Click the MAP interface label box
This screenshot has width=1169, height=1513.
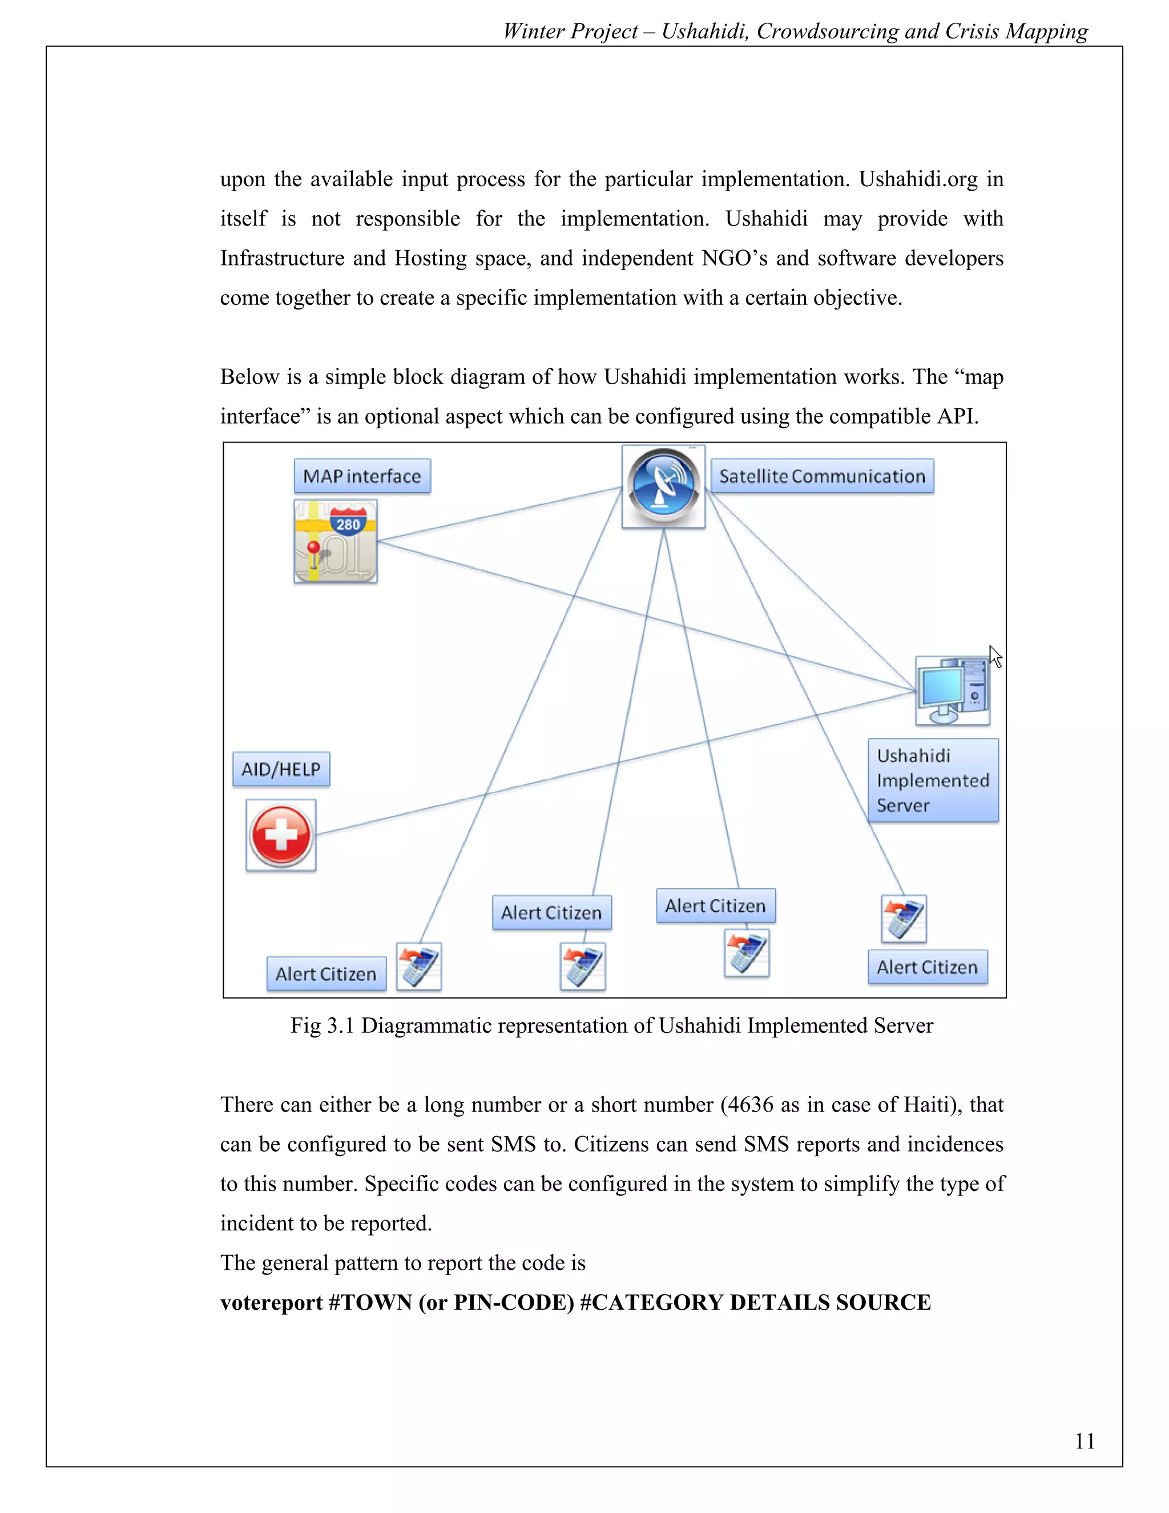pos(362,476)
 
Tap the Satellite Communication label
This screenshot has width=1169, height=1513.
pos(822,476)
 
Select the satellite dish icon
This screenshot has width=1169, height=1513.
pos(663,487)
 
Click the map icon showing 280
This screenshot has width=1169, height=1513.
pos(336,541)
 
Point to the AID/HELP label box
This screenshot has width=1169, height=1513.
pos(281,769)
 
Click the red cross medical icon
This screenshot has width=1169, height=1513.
pos(281,835)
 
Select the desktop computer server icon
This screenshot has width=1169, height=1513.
pos(952,691)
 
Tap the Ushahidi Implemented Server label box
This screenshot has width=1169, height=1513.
pos(933,780)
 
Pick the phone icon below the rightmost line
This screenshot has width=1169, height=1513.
pos(904,919)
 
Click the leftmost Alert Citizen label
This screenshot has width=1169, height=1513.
pos(326,973)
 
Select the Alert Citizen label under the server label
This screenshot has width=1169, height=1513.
pos(928,967)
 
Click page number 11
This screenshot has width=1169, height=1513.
pos(1085,1441)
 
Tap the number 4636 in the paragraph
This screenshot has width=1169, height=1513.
pos(750,1104)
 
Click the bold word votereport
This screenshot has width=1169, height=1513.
pos(271,1302)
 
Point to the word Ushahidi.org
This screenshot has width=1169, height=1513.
pos(918,179)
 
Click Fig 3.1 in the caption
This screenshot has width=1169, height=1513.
pos(322,1025)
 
